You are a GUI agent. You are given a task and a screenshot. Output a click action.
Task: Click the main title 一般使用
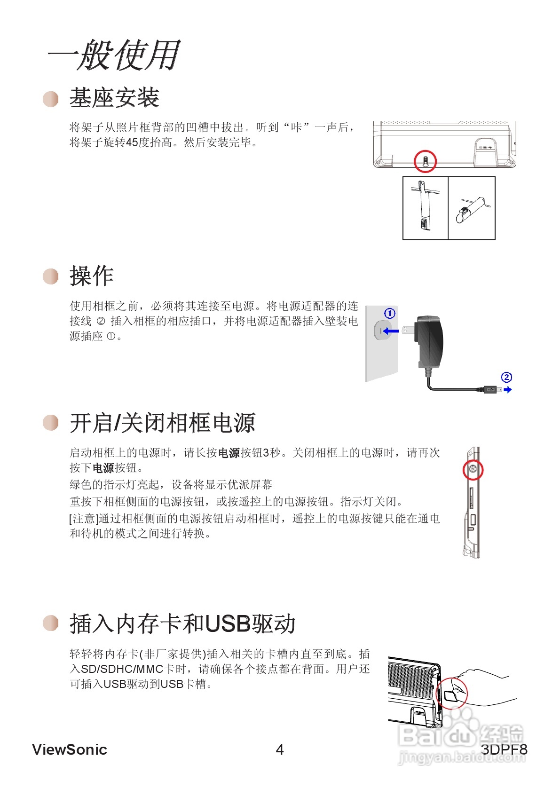click(x=114, y=55)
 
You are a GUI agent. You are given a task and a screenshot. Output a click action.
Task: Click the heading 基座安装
click(x=114, y=98)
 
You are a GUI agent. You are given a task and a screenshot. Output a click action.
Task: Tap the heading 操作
click(x=92, y=276)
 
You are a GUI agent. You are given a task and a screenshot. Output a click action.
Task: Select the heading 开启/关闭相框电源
click(x=162, y=423)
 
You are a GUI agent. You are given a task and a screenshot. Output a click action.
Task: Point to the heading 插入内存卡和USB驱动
click(x=182, y=624)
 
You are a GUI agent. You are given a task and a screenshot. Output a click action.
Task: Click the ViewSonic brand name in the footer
click(x=70, y=750)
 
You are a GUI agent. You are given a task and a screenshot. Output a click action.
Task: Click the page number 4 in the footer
click(x=280, y=750)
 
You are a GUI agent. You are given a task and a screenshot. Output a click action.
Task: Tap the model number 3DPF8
click(x=504, y=750)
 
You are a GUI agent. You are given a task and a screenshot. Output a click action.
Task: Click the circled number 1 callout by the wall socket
click(x=390, y=313)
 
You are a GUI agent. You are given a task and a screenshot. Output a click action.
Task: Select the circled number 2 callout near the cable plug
click(x=506, y=377)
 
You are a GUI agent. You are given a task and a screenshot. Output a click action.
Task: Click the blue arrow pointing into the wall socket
click(x=390, y=331)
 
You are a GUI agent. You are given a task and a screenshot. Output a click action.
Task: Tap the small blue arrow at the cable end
click(x=507, y=390)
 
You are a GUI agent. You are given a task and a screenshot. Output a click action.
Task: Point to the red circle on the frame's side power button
click(x=473, y=470)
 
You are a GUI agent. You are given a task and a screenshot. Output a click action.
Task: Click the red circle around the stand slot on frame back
click(x=425, y=162)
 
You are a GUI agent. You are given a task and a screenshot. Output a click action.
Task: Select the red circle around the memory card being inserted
click(x=452, y=693)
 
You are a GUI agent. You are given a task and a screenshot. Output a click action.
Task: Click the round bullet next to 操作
click(x=51, y=276)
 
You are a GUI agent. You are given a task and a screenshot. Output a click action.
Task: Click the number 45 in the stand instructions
click(x=132, y=142)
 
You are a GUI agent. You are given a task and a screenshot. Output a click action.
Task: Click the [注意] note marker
click(x=84, y=519)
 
